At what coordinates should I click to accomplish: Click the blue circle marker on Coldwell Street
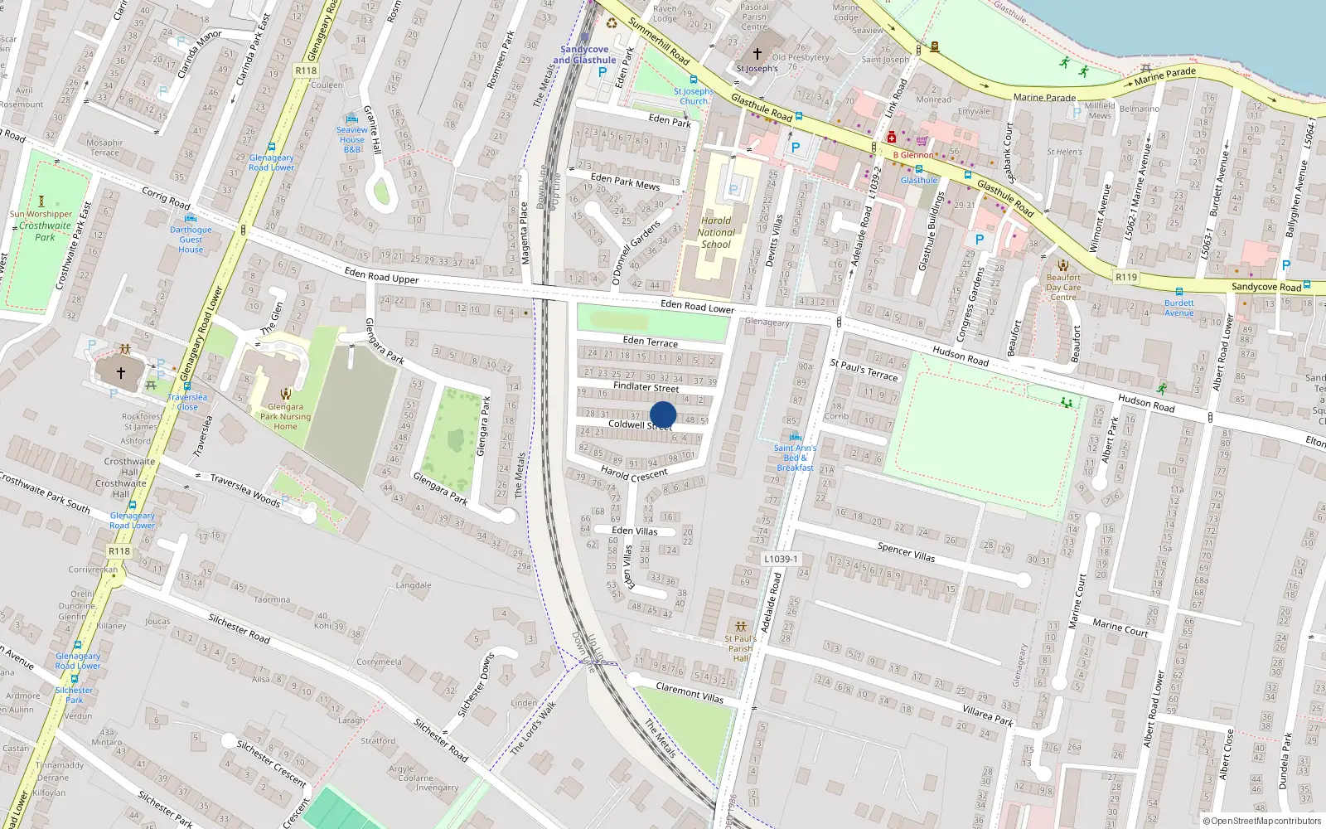663,414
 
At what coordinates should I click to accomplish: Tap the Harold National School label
716,233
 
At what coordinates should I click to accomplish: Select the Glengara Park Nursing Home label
285,417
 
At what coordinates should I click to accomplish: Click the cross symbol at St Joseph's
757,54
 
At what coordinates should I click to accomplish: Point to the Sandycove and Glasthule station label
584,55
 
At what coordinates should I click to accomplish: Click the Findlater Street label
646,387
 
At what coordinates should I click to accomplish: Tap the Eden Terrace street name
650,342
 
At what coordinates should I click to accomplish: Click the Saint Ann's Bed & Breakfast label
795,458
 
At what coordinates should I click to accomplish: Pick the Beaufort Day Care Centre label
1063,287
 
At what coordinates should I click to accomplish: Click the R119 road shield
1126,277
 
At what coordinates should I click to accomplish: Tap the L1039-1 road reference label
781,559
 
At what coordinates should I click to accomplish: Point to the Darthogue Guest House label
191,240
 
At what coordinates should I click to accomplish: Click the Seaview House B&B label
352,139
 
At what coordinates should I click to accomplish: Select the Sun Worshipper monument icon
41,201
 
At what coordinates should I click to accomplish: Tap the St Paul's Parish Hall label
740,648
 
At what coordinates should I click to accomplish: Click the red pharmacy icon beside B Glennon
892,138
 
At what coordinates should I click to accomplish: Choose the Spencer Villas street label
906,552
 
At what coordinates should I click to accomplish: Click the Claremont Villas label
690,693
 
